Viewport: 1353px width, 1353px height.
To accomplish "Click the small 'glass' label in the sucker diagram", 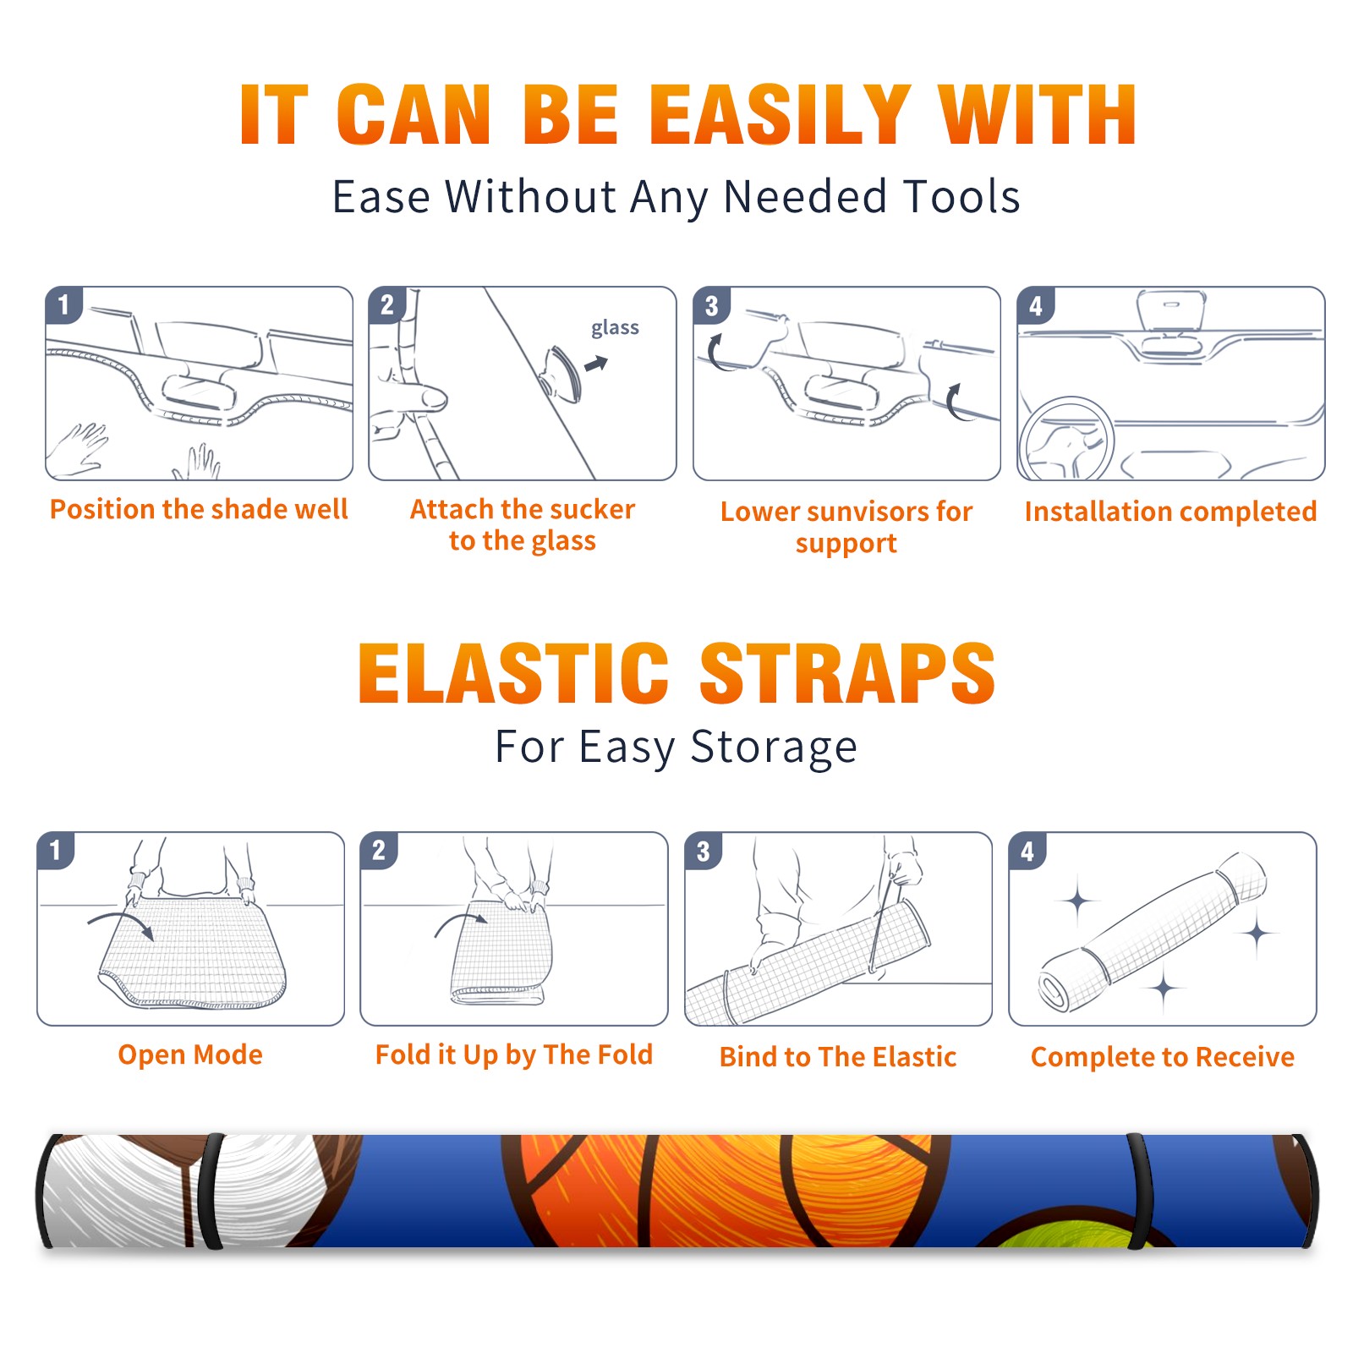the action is [615, 327].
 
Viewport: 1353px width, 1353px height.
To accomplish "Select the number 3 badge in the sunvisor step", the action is [711, 305].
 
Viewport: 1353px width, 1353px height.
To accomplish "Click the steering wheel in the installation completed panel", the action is [1067, 440].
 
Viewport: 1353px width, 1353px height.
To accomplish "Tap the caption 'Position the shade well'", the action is [199, 509].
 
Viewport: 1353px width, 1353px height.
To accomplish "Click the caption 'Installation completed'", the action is [1170, 511].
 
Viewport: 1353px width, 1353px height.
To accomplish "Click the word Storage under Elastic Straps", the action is [774, 748].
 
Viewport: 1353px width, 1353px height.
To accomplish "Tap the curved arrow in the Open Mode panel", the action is [121, 923].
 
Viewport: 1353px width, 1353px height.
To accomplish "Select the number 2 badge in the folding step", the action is [378, 850].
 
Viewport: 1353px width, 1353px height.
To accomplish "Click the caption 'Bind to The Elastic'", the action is [837, 1056].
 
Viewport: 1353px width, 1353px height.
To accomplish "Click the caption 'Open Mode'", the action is [190, 1054].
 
